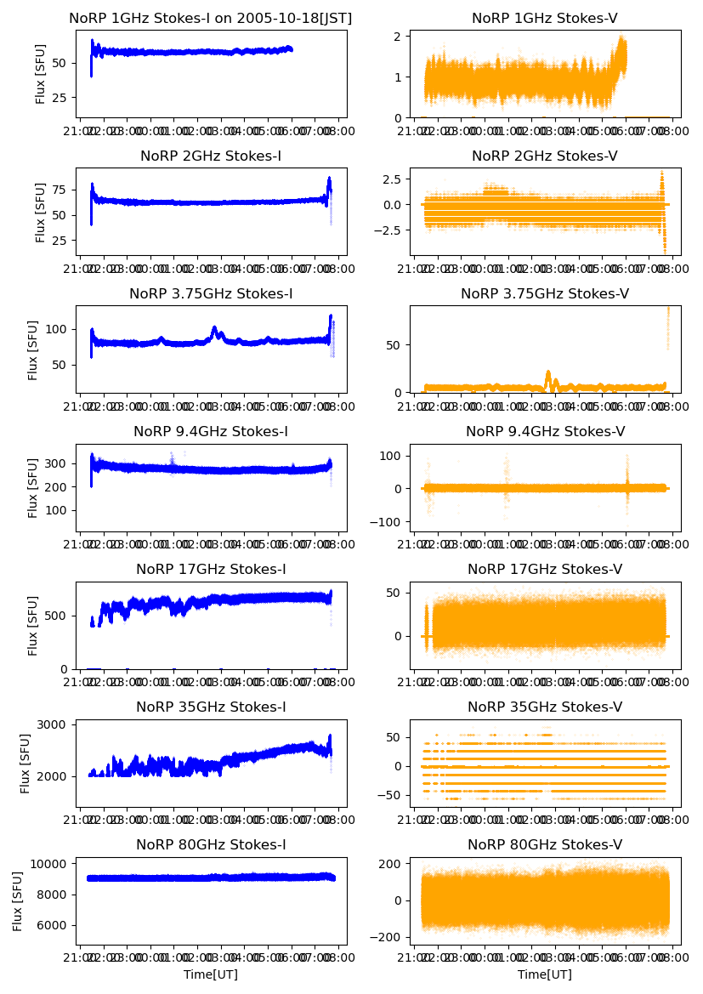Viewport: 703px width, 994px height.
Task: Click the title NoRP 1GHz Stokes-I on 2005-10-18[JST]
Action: point(211,19)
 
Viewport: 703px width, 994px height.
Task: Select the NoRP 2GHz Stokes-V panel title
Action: point(545,156)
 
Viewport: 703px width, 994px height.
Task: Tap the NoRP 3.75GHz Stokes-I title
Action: point(211,294)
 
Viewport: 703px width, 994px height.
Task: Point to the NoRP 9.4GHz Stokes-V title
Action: point(545,432)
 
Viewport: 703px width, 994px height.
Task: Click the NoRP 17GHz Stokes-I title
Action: point(211,569)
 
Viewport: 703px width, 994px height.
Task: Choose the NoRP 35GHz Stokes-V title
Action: point(545,707)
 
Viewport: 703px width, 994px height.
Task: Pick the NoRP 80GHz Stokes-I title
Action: point(211,844)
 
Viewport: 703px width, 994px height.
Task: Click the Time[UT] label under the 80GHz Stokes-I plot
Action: point(211,974)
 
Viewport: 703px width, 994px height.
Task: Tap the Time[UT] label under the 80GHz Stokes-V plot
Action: point(545,974)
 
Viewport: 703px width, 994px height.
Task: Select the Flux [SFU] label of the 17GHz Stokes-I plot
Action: point(33,625)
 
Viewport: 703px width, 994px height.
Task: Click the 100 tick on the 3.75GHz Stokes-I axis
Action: point(60,329)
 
